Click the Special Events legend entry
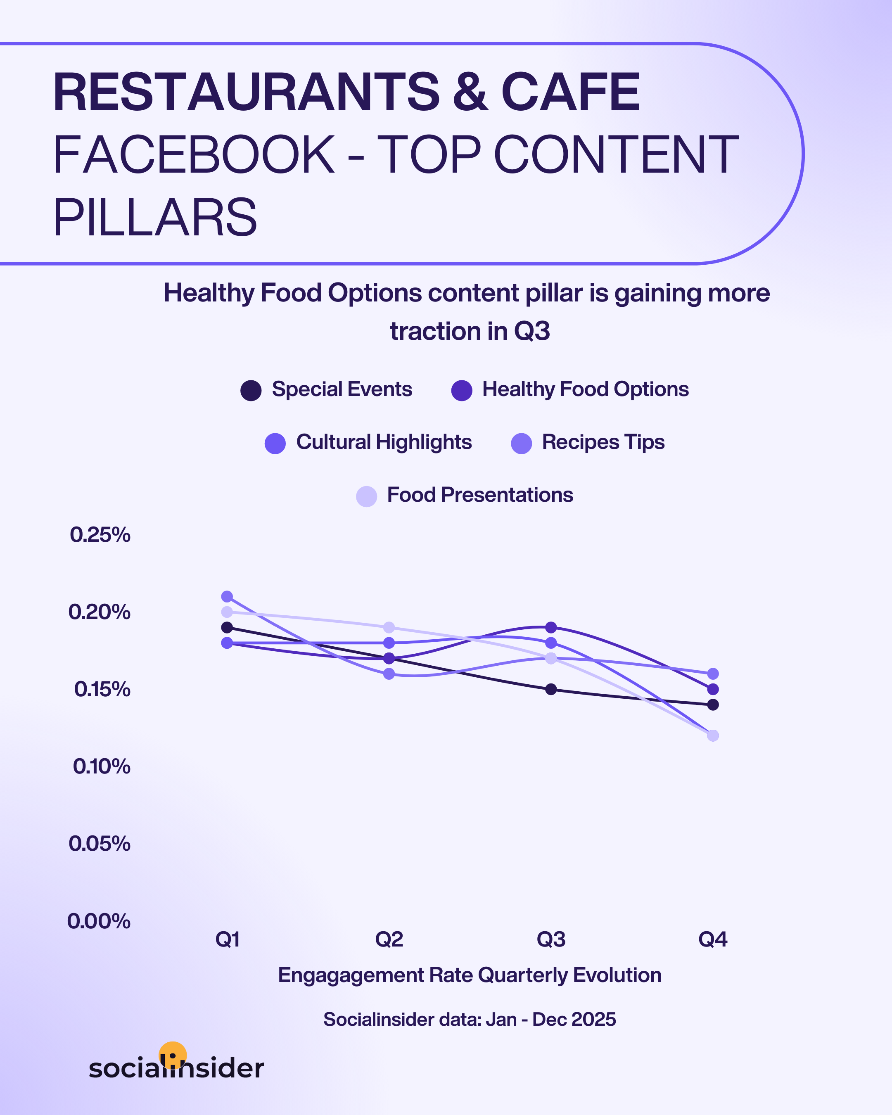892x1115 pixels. click(x=326, y=389)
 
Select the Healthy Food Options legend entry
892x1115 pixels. click(x=570, y=389)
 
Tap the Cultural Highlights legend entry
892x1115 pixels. click(x=368, y=442)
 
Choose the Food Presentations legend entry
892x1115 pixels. click(x=464, y=495)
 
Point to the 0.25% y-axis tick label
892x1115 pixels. click(x=100, y=535)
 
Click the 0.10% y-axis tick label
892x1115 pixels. click(x=101, y=766)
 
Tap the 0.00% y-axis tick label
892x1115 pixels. click(x=99, y=921)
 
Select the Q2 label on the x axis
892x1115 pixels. click(x=389, y=939)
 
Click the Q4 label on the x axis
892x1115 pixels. click(x=712, y=939)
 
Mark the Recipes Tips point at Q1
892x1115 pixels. click(x=227, y=596)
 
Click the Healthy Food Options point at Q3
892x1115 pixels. click(x=551, y=627)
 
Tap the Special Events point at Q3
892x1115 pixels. click(x=551, y=689)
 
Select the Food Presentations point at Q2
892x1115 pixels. click(x=389, y=628)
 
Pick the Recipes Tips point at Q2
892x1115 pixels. click(x=389, y=674)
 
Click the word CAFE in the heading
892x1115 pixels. click(x=570, y=92)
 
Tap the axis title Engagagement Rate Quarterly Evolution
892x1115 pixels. click(x=470, y=975)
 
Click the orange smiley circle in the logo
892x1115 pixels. click(x=173, y=1054)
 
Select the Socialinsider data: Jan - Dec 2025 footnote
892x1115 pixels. click(x=470, y=1019)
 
